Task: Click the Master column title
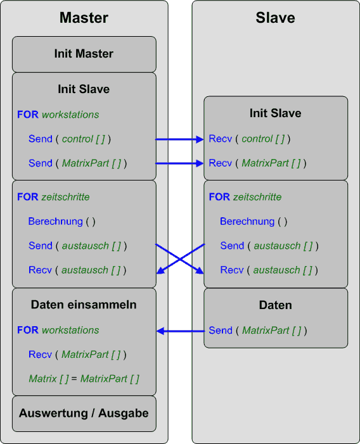point(84,18)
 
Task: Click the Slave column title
point(275,18)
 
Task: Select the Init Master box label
point(84,53)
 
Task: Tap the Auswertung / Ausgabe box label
point(84,413)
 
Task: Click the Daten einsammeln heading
point(84,305)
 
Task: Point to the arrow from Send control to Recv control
point(179,139)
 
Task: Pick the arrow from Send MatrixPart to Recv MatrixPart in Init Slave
point(179,163)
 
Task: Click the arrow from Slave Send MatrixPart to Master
point(181,331)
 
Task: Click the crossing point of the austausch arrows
point(180,259)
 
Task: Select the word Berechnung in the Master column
point(56,221)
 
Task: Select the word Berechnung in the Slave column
point(247,221)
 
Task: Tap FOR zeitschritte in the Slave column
point(245,197)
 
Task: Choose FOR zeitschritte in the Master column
point(53,197)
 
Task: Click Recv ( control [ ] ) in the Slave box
point(250,139)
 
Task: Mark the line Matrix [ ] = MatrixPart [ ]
point(84,379)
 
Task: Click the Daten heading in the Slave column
point(275,305)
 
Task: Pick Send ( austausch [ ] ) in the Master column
point(77,246)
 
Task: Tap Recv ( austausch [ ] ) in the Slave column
point(269,270)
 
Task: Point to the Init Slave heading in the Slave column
point(275,113)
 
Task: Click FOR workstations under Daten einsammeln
point(58,330)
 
